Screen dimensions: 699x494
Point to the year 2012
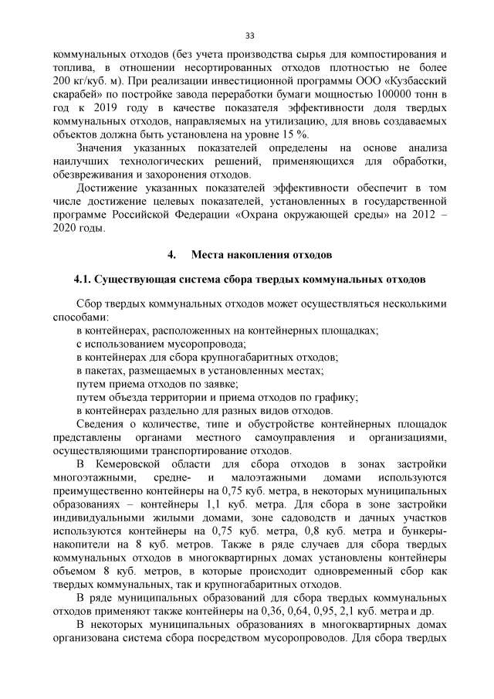click(414, 214)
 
